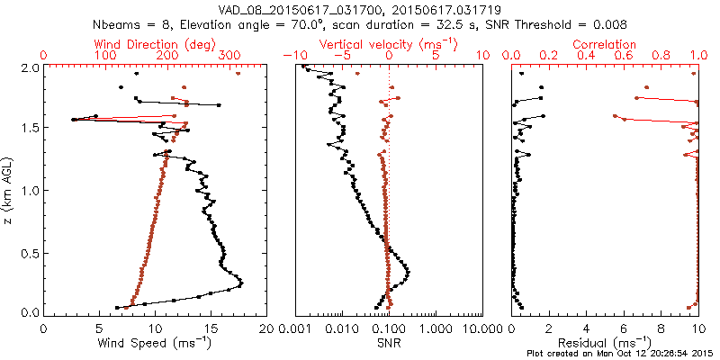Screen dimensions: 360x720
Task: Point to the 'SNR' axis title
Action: click(x=390, y=343)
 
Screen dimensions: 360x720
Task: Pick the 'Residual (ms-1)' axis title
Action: click(x=605, y=343)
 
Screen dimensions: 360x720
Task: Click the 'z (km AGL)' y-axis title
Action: click(x=10, y=190)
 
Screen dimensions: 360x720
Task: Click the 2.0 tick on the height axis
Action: click(x=29, y=67)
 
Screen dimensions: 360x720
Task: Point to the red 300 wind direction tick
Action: click(x=229, y=56)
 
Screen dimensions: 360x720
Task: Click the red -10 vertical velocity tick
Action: click(x=290, y=56)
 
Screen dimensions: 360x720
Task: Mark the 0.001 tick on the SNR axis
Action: click(x=296, y=328)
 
